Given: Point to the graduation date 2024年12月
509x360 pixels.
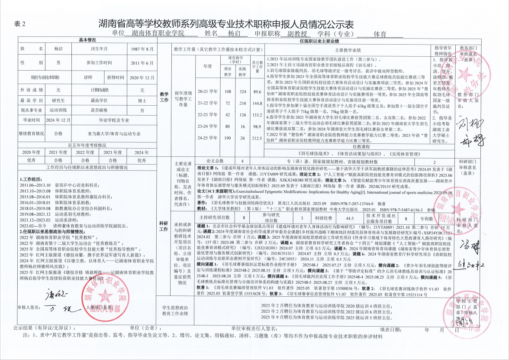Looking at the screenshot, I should [x=58, y=120].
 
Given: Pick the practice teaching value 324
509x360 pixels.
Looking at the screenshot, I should [x=242, y=92].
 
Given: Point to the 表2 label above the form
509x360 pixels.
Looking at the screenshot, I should [x=20, y=24].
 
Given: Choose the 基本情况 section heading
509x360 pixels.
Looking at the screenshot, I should [x=87, y=40].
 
